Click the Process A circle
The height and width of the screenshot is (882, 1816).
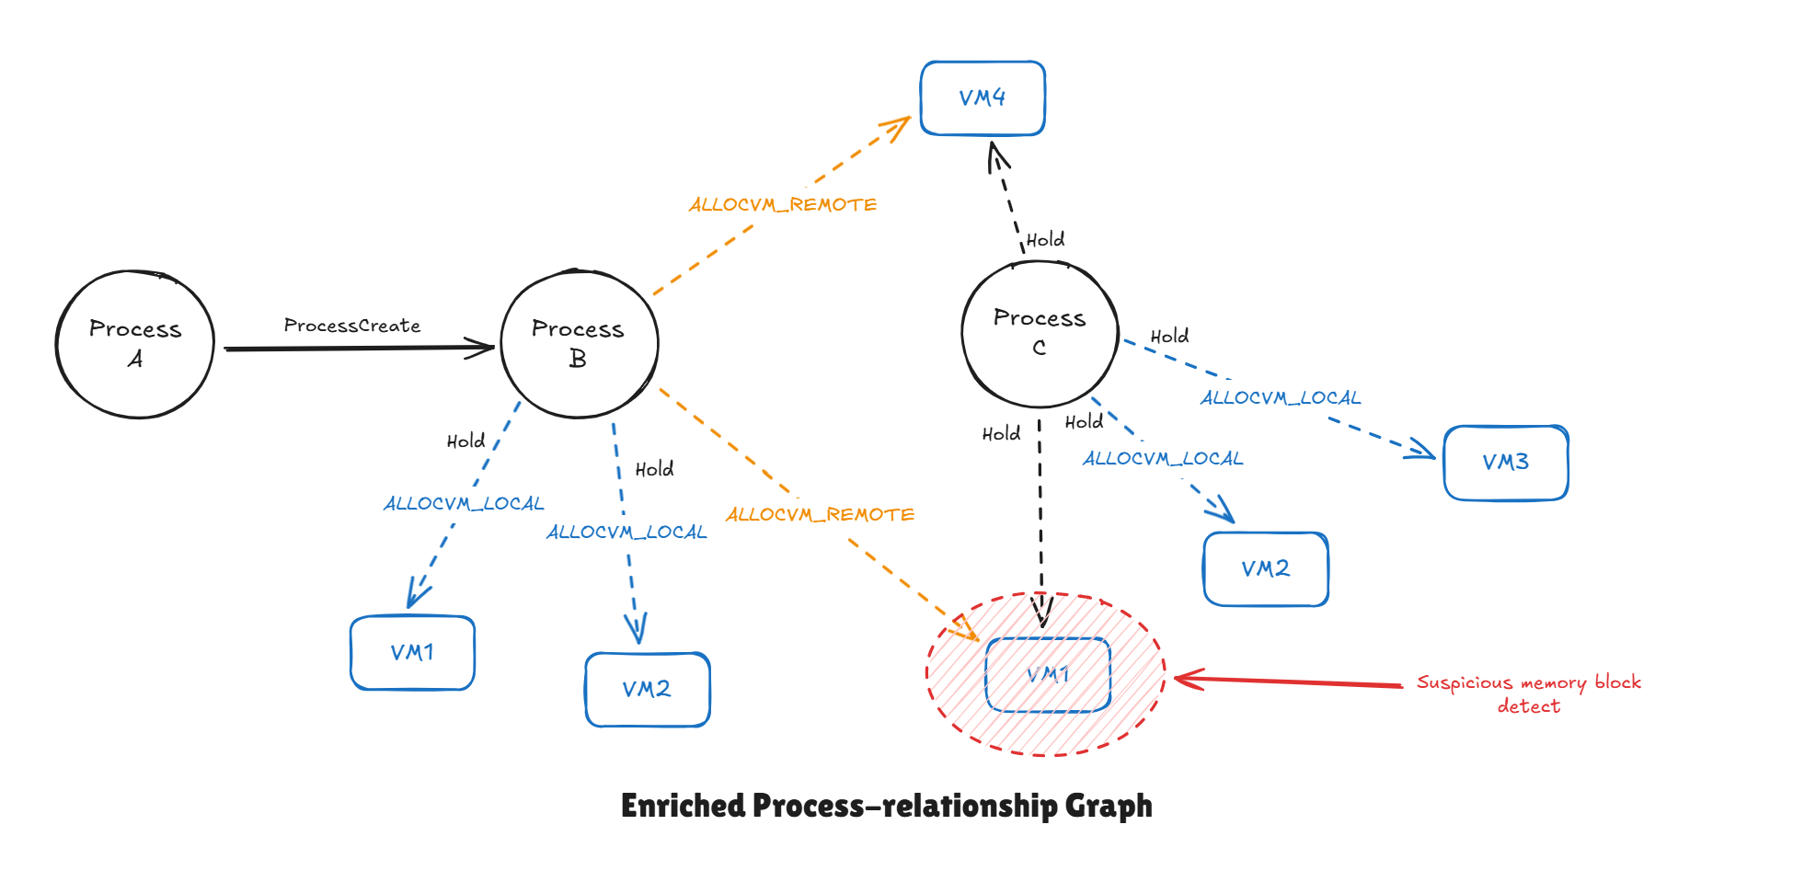tap(135, 344)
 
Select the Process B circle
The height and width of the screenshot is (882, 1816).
tap(579, 344)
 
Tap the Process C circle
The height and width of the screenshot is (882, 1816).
tap(1040, 333)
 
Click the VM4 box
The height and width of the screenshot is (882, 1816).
tap(983, 98)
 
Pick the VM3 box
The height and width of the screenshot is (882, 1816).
tap(1505, 463)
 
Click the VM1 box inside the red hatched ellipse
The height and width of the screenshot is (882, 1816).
tap(1048, 675)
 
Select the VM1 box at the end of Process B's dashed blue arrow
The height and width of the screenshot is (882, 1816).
tap(412, 653)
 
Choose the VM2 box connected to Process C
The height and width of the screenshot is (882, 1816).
tap(1266, 569)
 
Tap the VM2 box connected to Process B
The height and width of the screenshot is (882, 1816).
tap(647, 690)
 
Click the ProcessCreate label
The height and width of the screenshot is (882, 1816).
tap(351, 326)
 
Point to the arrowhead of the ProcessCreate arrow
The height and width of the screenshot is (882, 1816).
tap(488, 348)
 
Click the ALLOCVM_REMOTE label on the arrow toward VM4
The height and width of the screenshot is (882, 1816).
tap(783, 204)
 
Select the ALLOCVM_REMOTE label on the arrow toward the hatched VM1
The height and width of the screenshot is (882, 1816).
tap(820, 514)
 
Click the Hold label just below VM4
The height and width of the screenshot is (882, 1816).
tap(1045, 240)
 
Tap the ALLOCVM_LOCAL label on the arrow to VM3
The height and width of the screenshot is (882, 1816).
tap(1280, 398)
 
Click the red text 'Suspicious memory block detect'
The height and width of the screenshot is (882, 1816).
tap(1528, 693)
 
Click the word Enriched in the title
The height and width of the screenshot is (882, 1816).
tap(682, 806)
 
